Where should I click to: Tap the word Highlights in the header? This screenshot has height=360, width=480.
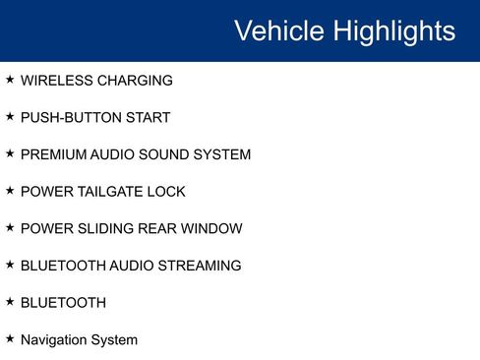[393, 31]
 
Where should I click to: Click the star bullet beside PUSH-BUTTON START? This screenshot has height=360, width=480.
[10, 117]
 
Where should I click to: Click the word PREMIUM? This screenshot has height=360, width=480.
[54, 154]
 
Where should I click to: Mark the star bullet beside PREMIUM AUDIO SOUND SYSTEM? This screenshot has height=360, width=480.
[10, 153]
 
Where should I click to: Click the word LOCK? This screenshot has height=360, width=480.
[166, 192]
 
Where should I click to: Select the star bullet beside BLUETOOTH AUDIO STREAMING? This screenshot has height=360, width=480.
[10, 265]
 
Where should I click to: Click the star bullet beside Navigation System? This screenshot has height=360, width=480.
[10, 338]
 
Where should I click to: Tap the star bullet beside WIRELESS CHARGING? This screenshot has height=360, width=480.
[10, 80]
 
